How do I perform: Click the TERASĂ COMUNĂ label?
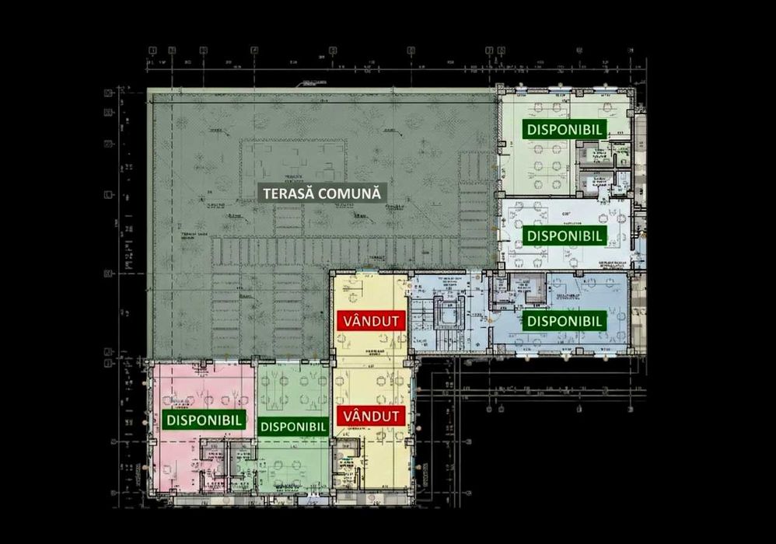(322, 193)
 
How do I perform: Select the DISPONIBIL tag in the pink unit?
(205, 420)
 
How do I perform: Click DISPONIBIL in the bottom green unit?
(292, 426)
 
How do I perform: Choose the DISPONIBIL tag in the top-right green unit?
(565, 130)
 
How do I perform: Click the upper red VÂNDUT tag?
(371, 319)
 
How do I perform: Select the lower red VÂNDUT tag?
(371, 416)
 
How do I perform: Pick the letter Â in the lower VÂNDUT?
(352, 416)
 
